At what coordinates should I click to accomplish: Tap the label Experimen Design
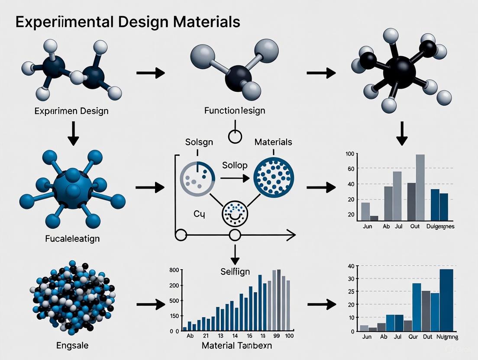pos(71,111)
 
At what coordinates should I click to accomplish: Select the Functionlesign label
pos(234,111)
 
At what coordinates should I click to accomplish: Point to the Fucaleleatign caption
pos(72,238)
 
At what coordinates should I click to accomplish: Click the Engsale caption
pos(72,346)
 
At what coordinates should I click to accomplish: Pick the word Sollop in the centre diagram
pos(235,165)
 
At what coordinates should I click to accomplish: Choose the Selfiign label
pos(235,272)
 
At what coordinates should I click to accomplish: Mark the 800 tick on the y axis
pos(174,270)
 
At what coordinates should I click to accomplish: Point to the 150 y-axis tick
pos(174,316)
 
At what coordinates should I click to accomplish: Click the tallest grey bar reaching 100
pos(420,187)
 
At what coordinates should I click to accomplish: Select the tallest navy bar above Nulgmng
pos(446,300)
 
